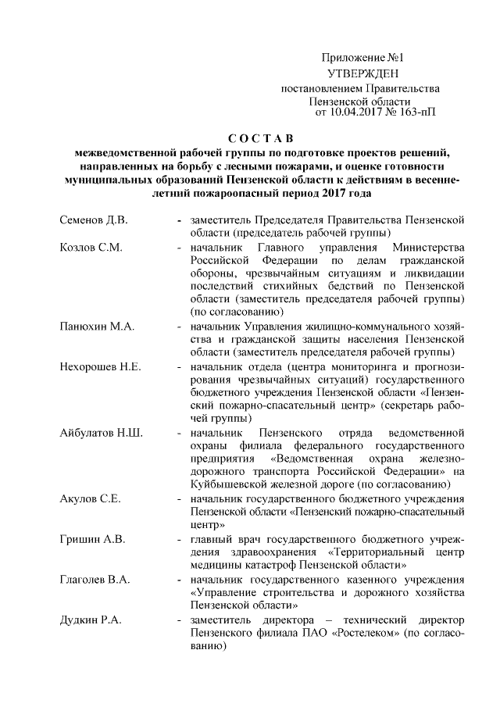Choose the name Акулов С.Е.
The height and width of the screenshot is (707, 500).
tap(85, 500)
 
